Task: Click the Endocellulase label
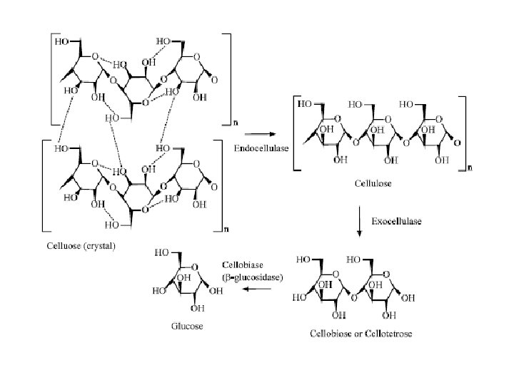pos(258,148)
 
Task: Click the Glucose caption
pos(187,327)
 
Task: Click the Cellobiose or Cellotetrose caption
pos(361,333)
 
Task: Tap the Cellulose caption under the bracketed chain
pos(373,184)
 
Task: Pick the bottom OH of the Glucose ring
pos(193,309)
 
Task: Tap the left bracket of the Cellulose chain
pos(298,134)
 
